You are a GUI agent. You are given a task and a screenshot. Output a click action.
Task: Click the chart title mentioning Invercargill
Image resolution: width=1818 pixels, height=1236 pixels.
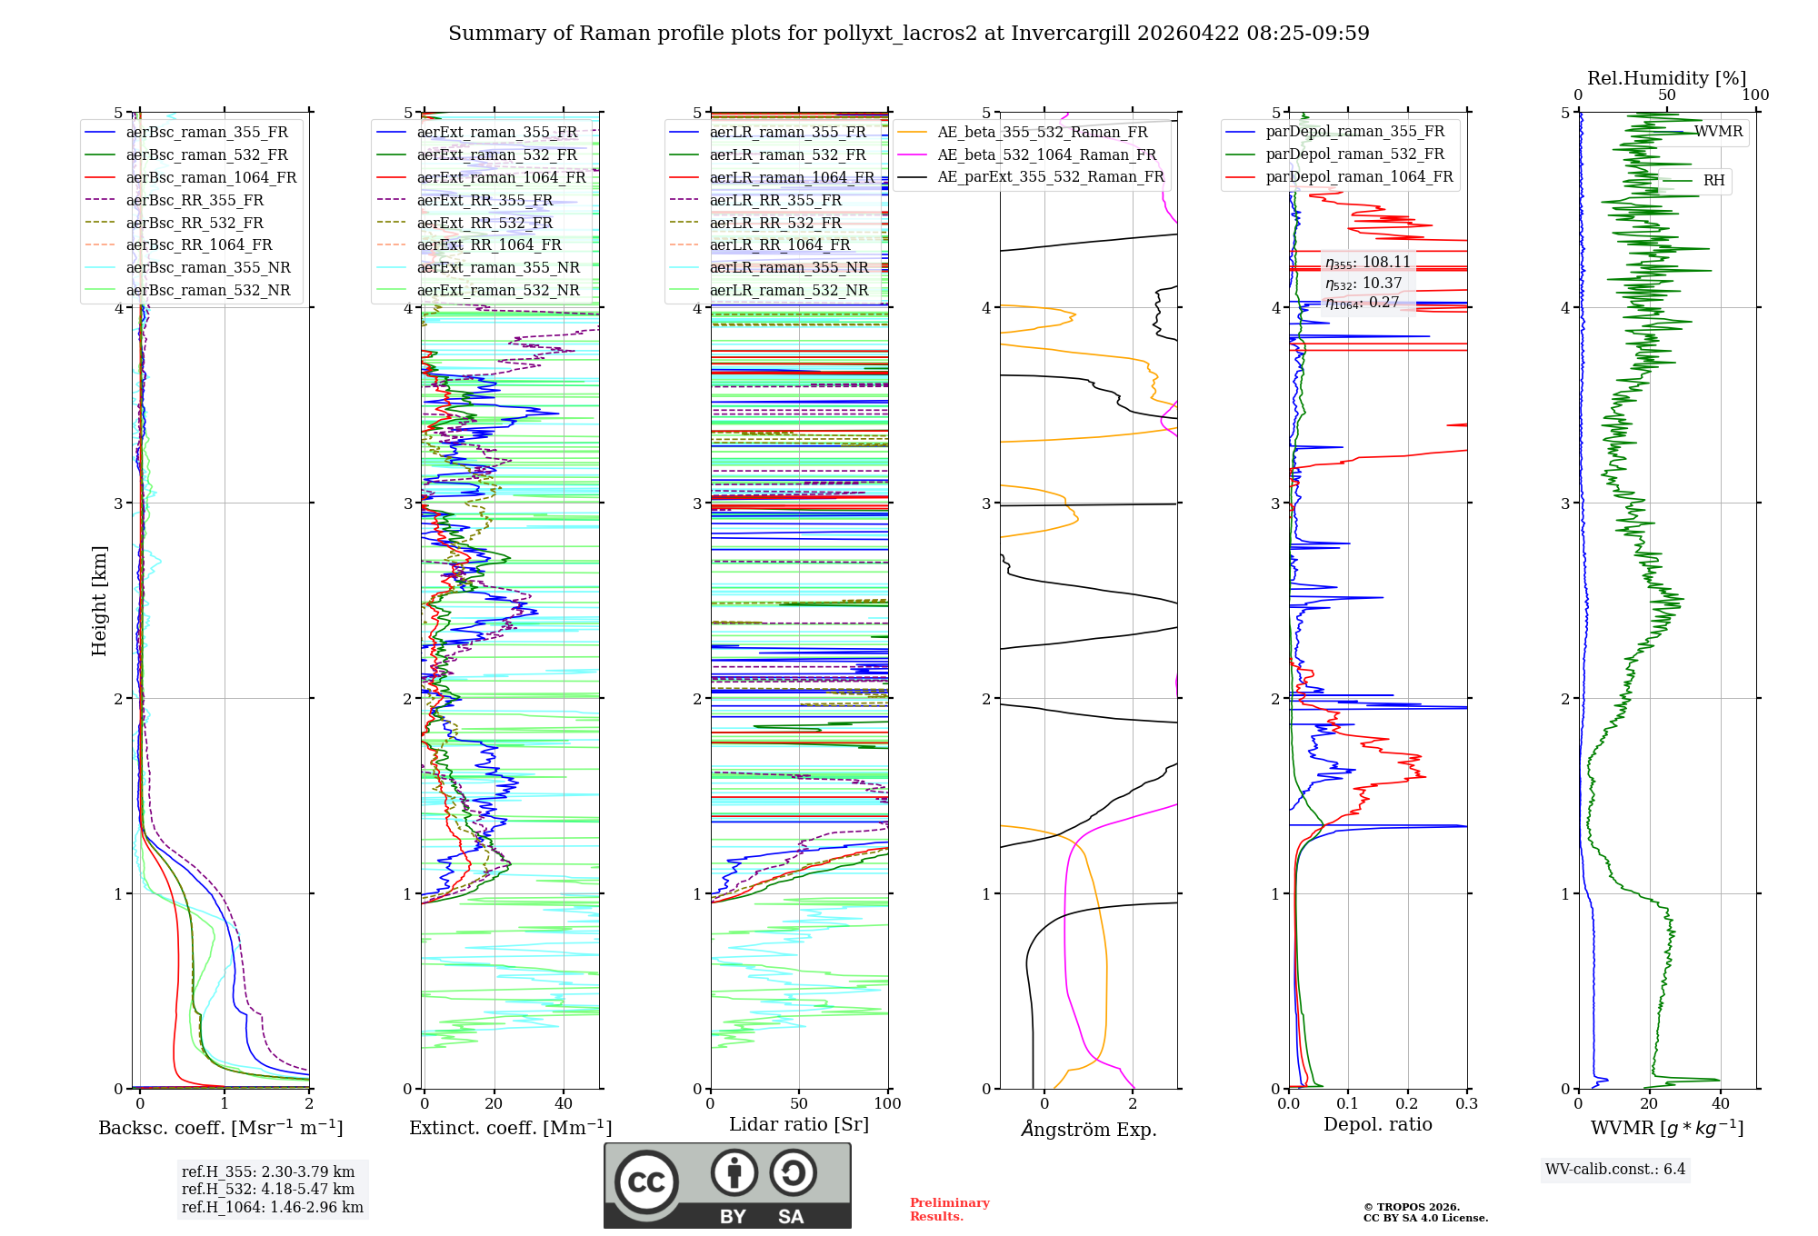(x=908, y=34)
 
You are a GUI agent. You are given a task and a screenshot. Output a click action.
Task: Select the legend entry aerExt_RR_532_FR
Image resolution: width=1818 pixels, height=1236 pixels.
(x=484, y=223)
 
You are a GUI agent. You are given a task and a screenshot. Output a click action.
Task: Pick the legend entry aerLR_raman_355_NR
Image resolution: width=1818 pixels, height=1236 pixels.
(x=789, y=267)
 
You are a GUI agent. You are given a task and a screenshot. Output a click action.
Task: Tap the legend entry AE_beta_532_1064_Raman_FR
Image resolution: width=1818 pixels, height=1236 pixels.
(x=1046, y=154)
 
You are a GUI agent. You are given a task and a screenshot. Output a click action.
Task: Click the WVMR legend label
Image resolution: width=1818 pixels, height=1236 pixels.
(x=1718, y=132)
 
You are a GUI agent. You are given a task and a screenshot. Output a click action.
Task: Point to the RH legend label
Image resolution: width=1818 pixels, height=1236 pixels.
(x=1713, y=181)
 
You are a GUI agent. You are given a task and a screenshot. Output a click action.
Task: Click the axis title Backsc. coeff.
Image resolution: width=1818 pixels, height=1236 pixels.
(x=221, y=1128)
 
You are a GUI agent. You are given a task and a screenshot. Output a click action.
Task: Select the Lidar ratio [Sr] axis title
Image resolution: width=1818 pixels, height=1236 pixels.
(x=799, y=1124)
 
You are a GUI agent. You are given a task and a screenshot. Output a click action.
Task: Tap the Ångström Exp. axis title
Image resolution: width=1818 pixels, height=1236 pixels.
(x=1088, y=1130)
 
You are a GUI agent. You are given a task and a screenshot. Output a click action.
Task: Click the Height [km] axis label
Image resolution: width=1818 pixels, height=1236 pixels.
(x=99, y=601)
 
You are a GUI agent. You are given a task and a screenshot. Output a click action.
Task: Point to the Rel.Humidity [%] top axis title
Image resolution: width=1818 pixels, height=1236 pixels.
(x=1666, y=78)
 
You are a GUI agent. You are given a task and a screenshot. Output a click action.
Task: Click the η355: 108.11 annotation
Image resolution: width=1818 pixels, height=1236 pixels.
(x=1367, y=263)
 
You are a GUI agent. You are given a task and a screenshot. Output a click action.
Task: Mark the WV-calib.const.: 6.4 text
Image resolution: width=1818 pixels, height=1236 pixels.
(x=1614, y=1169)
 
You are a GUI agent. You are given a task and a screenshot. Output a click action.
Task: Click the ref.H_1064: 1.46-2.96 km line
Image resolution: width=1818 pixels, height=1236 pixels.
(x=272, y=1207)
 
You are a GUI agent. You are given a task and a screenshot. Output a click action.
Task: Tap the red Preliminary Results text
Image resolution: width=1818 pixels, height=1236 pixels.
(x=949, y=1210)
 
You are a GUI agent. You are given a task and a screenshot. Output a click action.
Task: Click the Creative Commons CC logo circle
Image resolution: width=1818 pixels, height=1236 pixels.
(x=646, y=1182)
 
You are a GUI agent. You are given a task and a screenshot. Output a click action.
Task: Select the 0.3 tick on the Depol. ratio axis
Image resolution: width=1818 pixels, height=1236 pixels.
(x=1466, y=1104)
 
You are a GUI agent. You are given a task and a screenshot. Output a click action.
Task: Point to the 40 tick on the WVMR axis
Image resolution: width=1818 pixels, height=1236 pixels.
(x=1721, y=1104)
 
